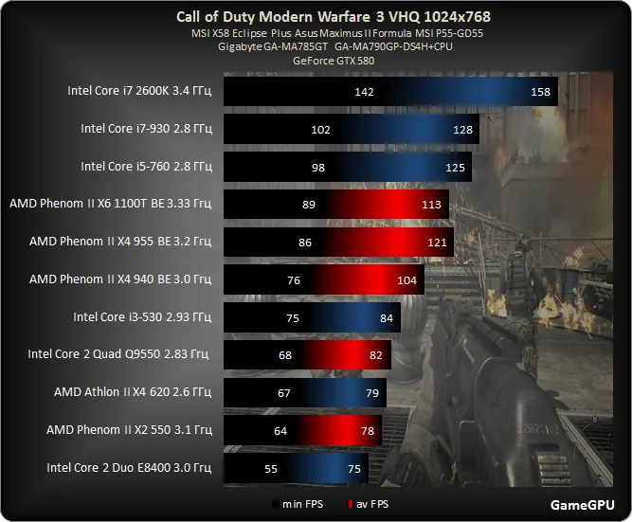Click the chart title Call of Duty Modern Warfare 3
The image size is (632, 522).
[334, 17]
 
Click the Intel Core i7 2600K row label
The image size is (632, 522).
[139, 92]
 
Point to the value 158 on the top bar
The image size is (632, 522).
[541, 93]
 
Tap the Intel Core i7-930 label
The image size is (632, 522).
[146, 129]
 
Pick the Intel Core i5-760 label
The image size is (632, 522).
[146, 167]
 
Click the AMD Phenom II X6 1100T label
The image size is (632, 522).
[110, 203]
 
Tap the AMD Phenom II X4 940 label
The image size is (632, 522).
[120, 279]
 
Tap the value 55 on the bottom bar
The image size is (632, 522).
[271, 468]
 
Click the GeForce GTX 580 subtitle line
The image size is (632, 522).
[333, 59]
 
